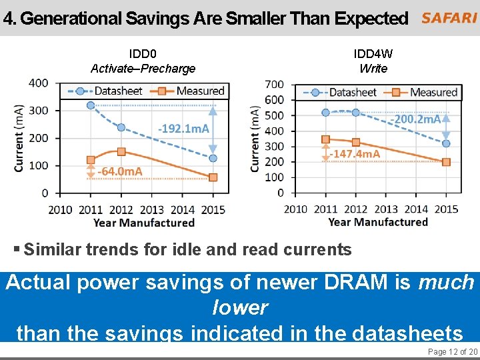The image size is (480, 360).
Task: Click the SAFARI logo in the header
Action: tap(449, 19)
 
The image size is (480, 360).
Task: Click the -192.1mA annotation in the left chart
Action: tap(183, 128)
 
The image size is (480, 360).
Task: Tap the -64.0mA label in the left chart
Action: tap(120, 171)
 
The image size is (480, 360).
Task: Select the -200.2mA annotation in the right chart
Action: tap(415, 119)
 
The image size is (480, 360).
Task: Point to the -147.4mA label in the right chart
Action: tap(355, 154)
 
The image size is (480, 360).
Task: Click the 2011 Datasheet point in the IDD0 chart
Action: tap(91, 105)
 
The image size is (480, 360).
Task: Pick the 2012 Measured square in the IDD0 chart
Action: tap(121, 152)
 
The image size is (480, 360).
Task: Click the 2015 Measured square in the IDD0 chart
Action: tap(213, 177)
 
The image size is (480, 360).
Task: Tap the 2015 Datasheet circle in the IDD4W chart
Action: tap(446, 143)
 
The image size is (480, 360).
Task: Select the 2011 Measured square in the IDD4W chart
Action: tap(325, 139)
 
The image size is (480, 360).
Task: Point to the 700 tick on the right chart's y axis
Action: tap(275, 85)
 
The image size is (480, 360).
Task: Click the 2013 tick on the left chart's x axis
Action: tap(152, 209)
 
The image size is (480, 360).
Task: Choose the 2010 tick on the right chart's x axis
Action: tap(295, 209)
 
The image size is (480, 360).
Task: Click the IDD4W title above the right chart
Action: tap(373, 53)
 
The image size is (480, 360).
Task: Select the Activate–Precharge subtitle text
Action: tap(143, 68)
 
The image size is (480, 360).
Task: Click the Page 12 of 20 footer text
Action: tap(452, 351)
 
